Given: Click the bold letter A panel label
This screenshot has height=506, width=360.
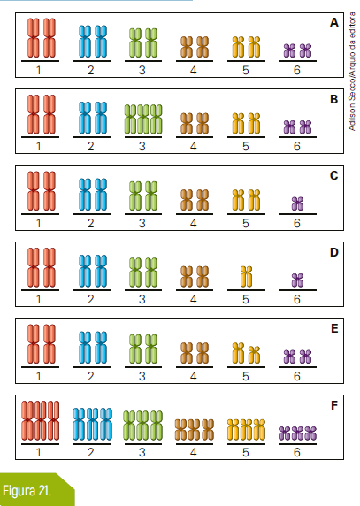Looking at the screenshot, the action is point(334,23).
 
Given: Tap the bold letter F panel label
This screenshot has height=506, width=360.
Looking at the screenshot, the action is point(334,405).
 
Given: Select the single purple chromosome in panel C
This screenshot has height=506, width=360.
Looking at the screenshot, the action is point(297,203).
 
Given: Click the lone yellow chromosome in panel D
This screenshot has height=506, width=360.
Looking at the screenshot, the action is point(246,277).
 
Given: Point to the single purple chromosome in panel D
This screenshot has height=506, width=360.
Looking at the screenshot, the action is point(297,280).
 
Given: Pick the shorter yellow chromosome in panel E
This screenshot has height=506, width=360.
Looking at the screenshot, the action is point(255,355).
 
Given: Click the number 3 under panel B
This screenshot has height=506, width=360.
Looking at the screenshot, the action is point(142,147).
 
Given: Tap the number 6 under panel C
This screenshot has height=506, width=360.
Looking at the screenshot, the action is point(297,223).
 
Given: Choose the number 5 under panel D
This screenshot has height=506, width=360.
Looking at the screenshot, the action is point(246,300).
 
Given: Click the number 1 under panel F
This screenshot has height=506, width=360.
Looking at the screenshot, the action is point(39,452).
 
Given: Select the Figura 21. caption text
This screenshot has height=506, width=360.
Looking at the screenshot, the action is point(27,491).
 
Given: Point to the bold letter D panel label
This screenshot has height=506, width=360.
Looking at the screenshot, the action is point(334,252).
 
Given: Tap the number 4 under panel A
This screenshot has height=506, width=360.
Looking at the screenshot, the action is point(193,70).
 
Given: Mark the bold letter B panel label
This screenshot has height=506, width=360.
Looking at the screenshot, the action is point(334,99).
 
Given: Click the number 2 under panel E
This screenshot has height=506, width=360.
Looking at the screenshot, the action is point(90,376).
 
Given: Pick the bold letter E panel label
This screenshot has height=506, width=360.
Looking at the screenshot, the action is point(334,328).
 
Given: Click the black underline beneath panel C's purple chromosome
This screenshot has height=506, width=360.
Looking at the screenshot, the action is point(297,213).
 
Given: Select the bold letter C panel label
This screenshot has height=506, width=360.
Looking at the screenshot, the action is point(334,175).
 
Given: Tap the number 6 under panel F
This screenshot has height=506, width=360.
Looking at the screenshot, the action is point(297,452).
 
